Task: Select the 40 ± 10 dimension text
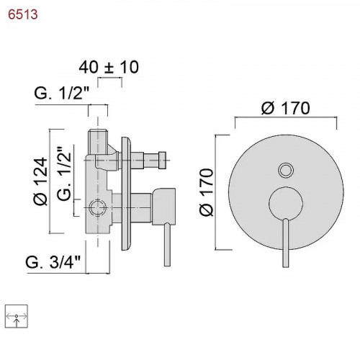tap(109, 66)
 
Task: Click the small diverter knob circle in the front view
tap(286, 171)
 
